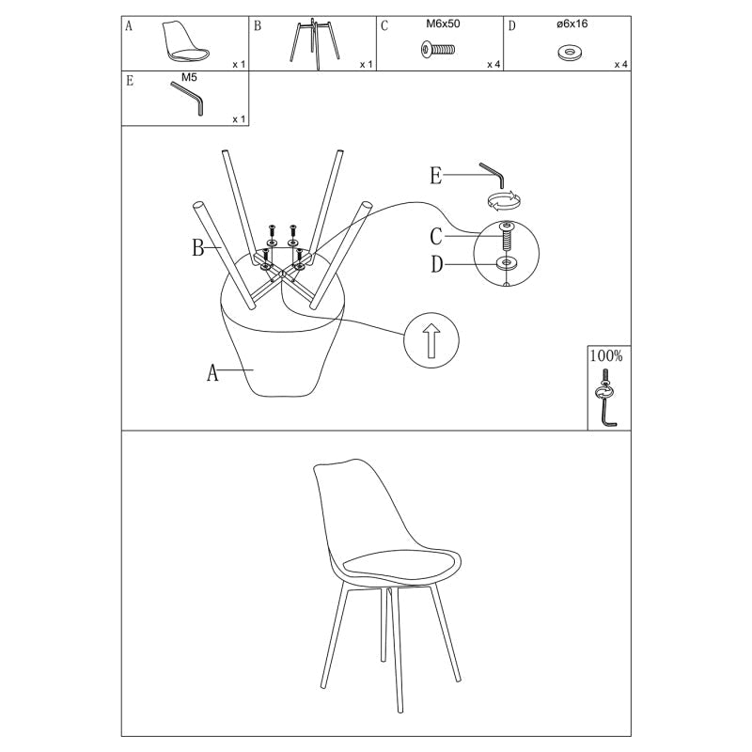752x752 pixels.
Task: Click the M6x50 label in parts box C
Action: [x=443, y=24]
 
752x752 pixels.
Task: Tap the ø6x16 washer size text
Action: [x=572, y=24]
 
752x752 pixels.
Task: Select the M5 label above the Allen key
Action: [x=189, y=77]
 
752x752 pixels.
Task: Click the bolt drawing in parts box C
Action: [x=438, y=50]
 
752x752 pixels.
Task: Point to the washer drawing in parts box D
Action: [x=571, y=53]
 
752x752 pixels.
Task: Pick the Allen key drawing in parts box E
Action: [x=188, y=98]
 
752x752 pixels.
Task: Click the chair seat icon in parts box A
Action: [x=185, y=40]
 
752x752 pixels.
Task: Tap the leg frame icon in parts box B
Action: [x=315, y=42]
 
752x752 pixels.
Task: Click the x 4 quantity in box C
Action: [x=493, y=64]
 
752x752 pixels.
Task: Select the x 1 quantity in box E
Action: [x=239, y=119]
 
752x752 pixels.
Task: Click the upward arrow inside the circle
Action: [x=431, y=340]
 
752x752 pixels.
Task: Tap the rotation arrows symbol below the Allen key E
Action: [x=504, y=200]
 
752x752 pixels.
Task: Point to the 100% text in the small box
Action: [x=606, y=356]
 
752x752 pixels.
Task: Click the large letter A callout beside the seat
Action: [x=212, y=372]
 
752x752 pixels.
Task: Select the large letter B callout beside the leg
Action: [x=198, y=248]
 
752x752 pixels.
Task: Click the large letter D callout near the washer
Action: [x=436, y=264]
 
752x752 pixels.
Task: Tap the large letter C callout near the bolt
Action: [x=436, y=237]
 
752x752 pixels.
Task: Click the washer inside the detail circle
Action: [x=507, y=263]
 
